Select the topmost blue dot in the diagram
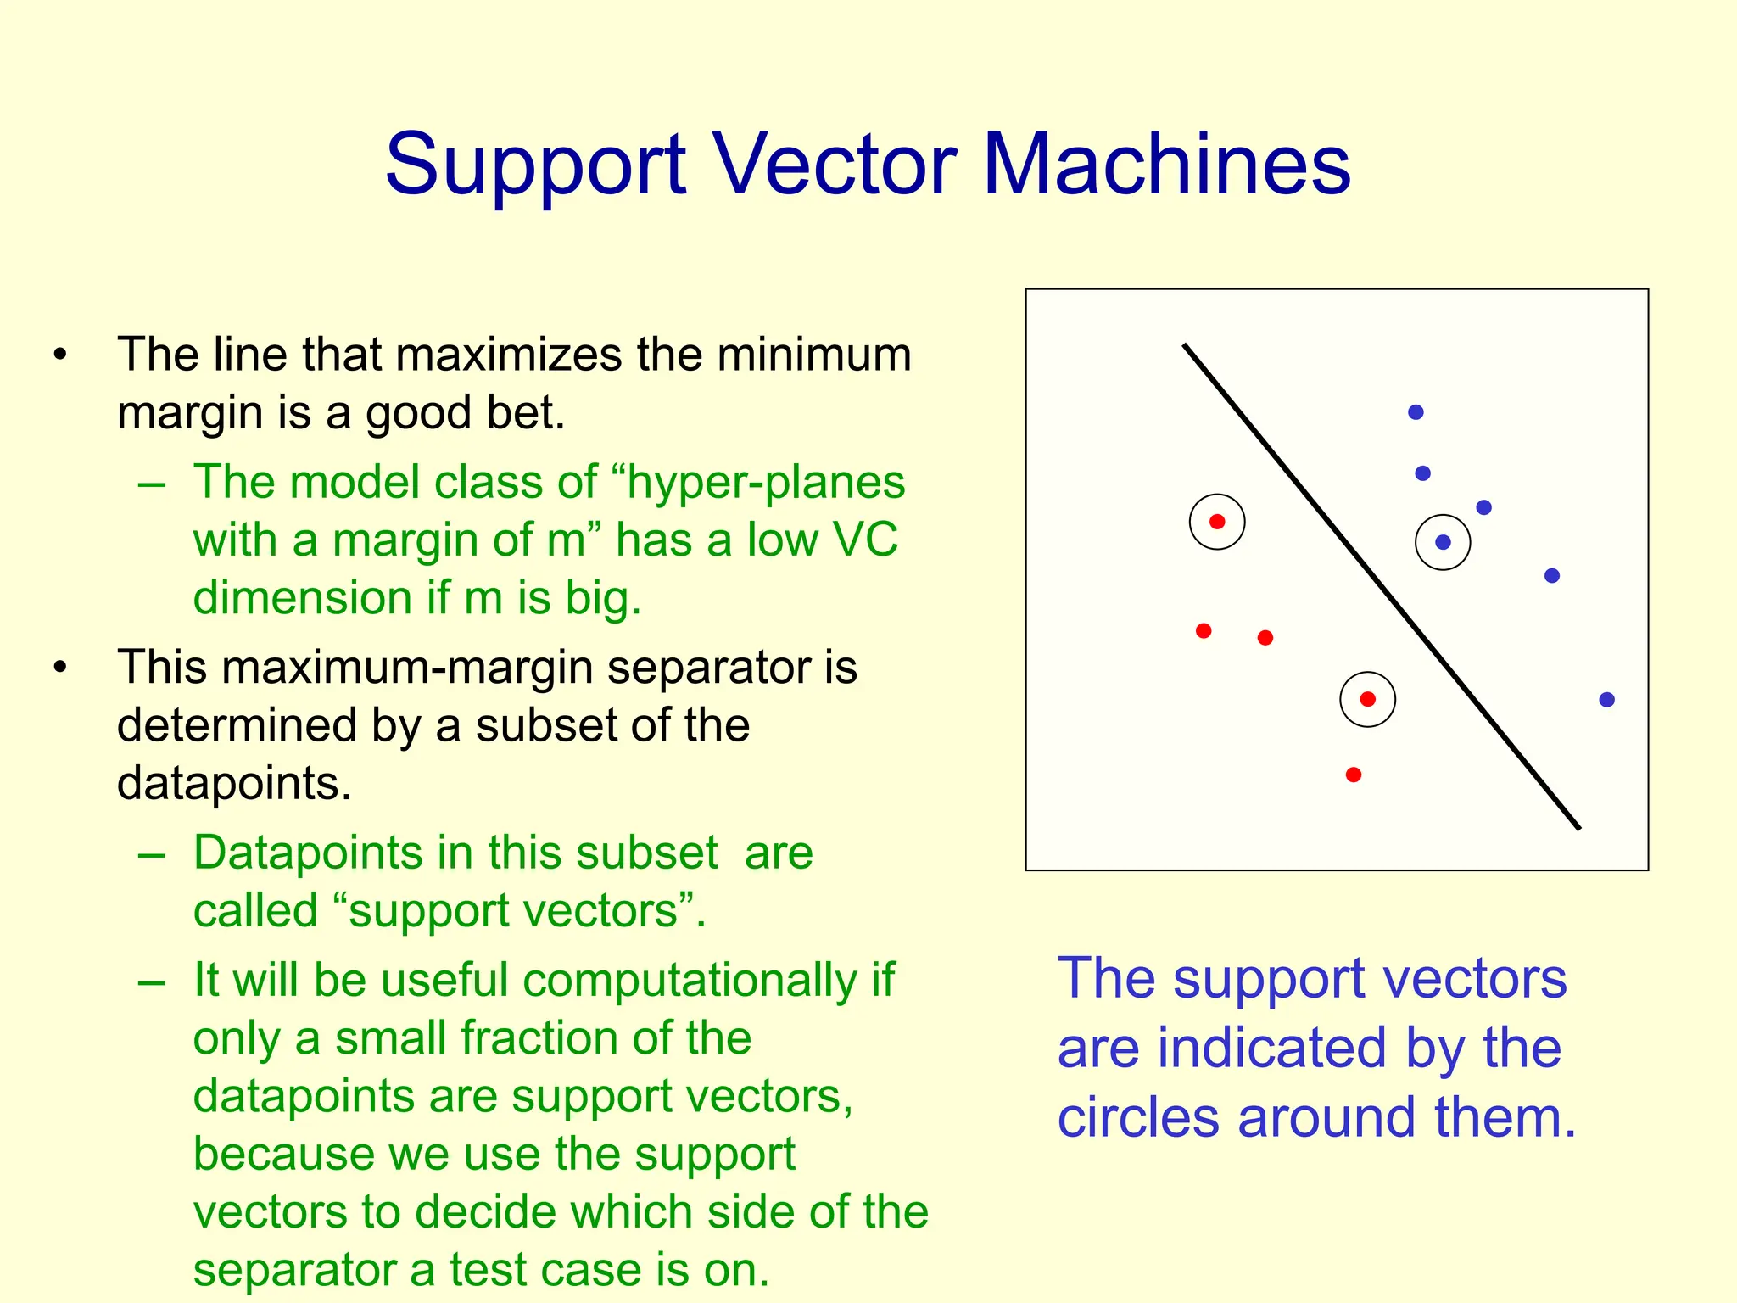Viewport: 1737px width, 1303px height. coord(1416,412)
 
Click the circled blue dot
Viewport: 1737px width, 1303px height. coord(1443,542)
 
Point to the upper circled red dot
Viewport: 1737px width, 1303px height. coord(1217,522)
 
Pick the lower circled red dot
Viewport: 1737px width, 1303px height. coord(1367,699)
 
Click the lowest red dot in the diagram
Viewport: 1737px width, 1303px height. coord(1354,775)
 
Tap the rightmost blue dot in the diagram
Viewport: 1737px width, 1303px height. coord(1606,700)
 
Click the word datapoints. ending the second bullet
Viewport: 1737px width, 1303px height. coord(234,782)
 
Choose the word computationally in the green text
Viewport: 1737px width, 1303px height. coord(690,980)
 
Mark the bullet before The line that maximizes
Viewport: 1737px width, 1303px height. coord(59,355)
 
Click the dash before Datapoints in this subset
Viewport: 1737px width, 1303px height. coord(152,854)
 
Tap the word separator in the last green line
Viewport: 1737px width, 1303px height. coord(293,1269)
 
